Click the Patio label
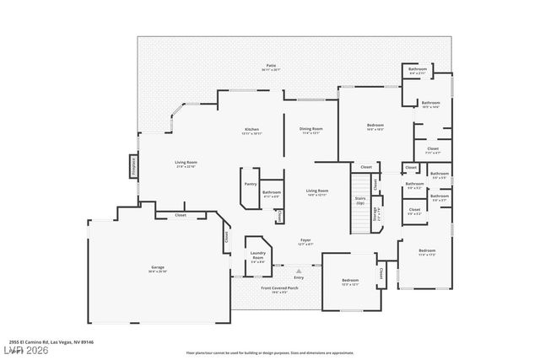272,66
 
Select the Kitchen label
251,129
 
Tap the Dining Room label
310,129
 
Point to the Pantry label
250,183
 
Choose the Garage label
158,268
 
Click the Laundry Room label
257,255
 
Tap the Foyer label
305,240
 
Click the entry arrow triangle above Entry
299,271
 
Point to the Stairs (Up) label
360,201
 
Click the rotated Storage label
374,215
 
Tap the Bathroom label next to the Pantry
271,192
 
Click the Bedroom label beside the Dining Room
375,126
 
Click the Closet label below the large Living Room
181,215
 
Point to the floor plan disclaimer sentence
270,352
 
